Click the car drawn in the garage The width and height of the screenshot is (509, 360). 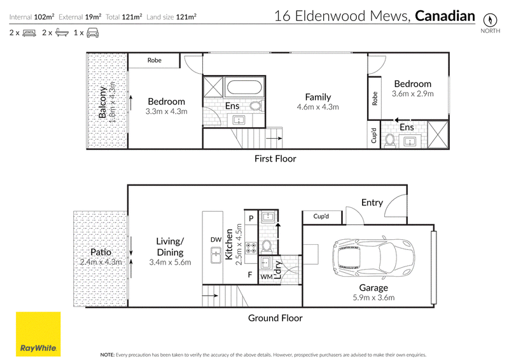pos(373,258)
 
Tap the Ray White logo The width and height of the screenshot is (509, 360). pos(38,334)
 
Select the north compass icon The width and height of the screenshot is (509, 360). pos(490,20)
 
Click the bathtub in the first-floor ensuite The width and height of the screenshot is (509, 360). pos(244,87)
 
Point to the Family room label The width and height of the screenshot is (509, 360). pos(317,97)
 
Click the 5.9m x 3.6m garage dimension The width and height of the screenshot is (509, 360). pos(373,298)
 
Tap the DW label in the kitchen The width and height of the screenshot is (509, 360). pos(216,240)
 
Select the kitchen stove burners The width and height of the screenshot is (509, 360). pos(251,248)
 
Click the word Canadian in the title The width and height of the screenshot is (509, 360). pos(445,16)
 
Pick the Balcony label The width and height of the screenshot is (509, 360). pos(102,102)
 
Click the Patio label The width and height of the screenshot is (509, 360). pos(101,252)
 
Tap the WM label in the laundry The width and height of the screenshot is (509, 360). pos(267,277)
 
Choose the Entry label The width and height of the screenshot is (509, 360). pos(372,202)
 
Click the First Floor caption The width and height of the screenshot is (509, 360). pos(275,159)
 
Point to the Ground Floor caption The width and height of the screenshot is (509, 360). pos(275,318)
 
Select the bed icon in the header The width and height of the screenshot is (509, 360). pos(29,33)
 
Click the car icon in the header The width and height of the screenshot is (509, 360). pos(93,33)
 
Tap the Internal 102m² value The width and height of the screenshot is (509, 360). pos(32,17)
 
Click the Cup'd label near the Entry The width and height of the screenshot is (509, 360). pos(321,216)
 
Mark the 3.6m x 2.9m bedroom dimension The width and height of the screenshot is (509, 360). pos(412,93)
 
